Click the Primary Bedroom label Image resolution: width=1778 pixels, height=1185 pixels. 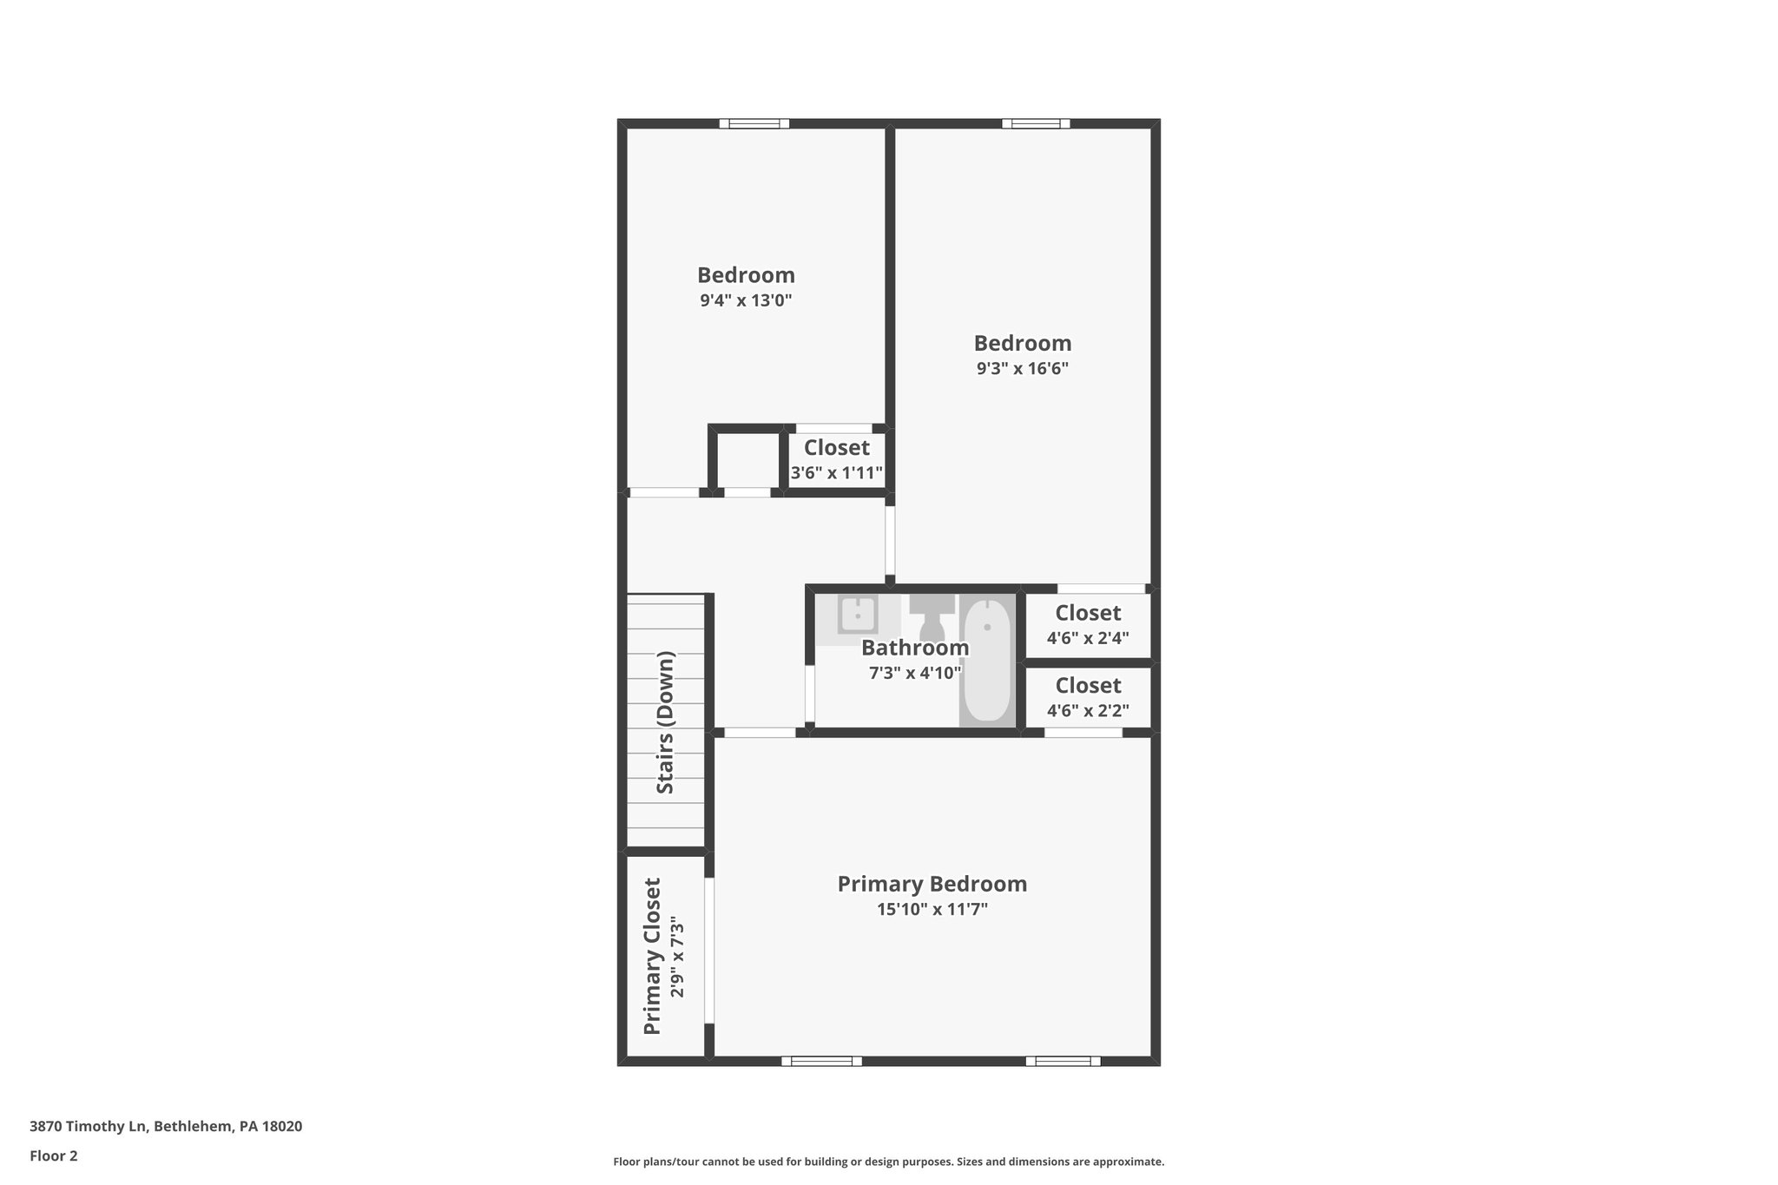click(932, 884)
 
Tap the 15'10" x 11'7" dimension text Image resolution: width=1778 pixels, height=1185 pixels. click(932, 910)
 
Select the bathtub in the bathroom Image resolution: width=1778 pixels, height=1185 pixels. click(987, 660)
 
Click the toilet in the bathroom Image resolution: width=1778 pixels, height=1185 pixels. click(932, 616)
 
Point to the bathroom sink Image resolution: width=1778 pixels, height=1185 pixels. click(857, 616)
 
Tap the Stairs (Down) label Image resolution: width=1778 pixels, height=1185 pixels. click(665, 721)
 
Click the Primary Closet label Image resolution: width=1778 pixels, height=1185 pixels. click(652, 956)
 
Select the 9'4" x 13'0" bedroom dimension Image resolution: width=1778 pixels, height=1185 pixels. click(746, 301)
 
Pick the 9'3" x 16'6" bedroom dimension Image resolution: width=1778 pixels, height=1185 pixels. click(1022, 368)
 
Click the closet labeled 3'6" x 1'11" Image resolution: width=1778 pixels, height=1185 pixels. click(836, 460)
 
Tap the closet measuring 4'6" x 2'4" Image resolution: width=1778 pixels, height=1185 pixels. click(1088, 624)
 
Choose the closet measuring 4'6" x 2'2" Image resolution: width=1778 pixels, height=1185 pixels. click(1088, 697)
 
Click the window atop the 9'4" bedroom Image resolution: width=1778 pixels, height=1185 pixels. click(754, 123)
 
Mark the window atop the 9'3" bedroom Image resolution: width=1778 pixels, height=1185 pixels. click(1035, 123)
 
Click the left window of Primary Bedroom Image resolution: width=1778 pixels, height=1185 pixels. click(821, 1061)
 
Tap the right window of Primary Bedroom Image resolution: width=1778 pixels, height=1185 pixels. click(1063, 1061)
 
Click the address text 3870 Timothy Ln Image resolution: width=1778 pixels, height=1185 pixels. click(165, 1126)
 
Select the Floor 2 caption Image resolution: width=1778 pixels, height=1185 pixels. click(53, 1155)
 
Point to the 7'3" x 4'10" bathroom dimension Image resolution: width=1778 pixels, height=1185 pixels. click(915, 673)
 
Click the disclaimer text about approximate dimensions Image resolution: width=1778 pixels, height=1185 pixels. click(888, 1162)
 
